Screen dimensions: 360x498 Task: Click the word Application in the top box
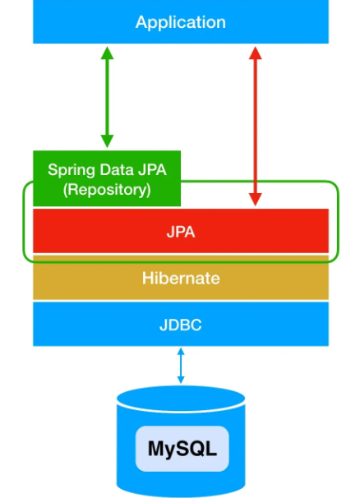pyautogui.click(x=181, y=23)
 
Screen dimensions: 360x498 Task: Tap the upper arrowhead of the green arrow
pyautogui.click(x=107, y=53)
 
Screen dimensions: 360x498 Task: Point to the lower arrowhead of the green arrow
pyautogui.click(x=107, y=141)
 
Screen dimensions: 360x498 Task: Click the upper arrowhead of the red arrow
pyautogui.click(x=255, y=53)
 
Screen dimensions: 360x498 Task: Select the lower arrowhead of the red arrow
pyautogui.click(x=255, y=200)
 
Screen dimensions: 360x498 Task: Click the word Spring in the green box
pyautogui.click(x=72, y=170)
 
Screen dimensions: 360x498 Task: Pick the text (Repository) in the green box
pyautogui.click(x=107, y=190)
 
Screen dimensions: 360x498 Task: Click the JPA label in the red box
pyautogui.click(x=181, y=232)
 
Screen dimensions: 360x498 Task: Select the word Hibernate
pyautogui.click(x=181, y=279)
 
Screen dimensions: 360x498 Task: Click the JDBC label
pyautogui.click(x=181, y=325)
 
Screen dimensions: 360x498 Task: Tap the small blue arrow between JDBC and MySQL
pyautogui.click(x=181, y=366)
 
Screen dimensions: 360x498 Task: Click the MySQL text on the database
pyautogui.click(x=182, y=449)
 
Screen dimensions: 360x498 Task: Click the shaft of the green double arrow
pyautogui.click(x=107, y=97)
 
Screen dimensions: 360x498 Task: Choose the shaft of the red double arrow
pyautogui.click(x=255, y=127)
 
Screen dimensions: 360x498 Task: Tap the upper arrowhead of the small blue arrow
pyautogui.click(x=181, y=351)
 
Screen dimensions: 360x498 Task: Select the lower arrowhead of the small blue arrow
pyautogui.click(x=181, y=380)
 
